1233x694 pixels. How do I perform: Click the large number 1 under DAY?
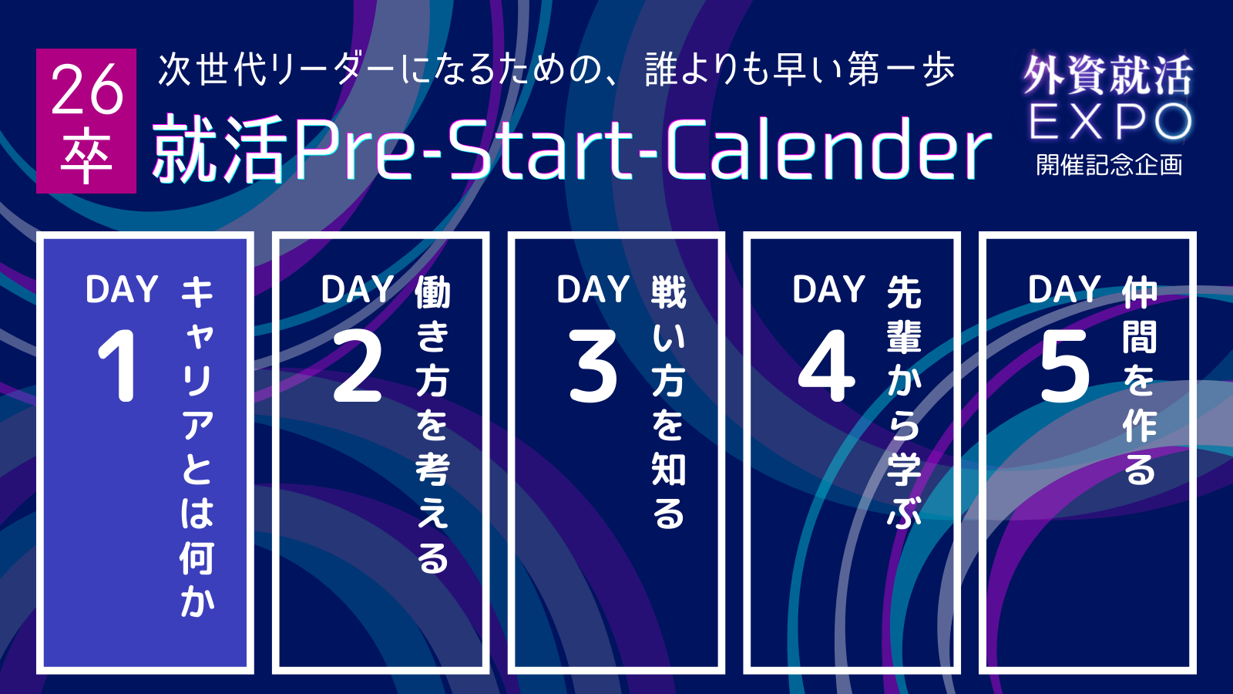point(118,366)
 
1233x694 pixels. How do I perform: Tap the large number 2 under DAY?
point(358,366)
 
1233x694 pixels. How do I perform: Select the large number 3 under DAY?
point(593,366)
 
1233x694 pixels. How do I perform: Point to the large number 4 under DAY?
point(827,366)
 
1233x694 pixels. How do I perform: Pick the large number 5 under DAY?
point(1064,366)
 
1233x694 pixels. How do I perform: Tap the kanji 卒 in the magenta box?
point(86,155)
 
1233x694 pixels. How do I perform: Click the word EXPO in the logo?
point(1110,123)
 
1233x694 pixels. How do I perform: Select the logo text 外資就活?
point(1109,76)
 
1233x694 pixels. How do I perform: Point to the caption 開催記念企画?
point(1109,165)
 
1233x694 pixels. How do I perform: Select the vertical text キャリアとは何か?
point(197,446)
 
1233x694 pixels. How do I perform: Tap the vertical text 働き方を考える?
point(432,424)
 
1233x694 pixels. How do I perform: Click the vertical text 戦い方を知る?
point(668,402)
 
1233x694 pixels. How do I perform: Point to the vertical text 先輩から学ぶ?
point(904,402)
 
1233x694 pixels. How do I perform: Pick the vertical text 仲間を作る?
point(1140,380)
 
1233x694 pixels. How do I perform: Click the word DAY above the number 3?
point(593,289)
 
